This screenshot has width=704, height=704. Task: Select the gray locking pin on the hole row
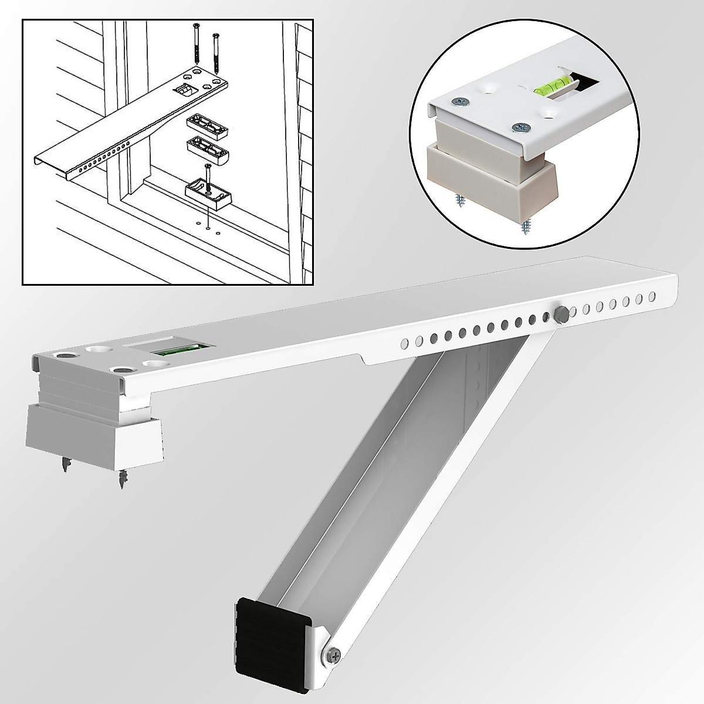tap(560, 314)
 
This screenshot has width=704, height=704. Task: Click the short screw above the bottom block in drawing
tap(208, 174)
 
